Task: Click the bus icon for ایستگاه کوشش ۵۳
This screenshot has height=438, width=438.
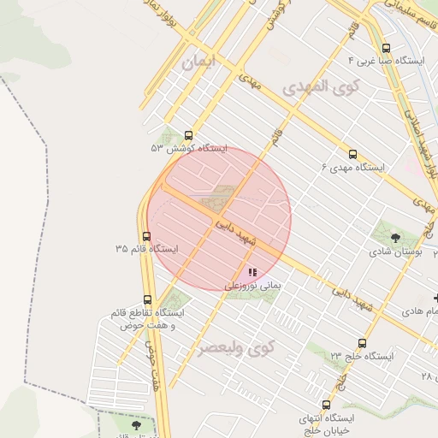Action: coord(188,135)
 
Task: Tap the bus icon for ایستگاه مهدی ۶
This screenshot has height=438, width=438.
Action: coord(352,154)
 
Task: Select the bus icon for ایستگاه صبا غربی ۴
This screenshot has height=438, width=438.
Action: coord(387,48)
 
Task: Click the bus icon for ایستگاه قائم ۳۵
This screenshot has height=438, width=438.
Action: coord(146,236)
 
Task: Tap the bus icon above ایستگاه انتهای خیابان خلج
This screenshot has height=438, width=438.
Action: coord(326,404)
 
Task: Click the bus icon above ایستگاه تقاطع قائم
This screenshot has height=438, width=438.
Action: coord(147,300)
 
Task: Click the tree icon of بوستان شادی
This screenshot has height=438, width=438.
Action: coord(394,238)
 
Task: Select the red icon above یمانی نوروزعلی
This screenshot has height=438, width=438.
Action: coord(252,273)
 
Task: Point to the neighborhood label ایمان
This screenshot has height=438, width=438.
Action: coord(201,62)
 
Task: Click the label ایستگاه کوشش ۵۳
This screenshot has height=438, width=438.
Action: coord(189,148)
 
